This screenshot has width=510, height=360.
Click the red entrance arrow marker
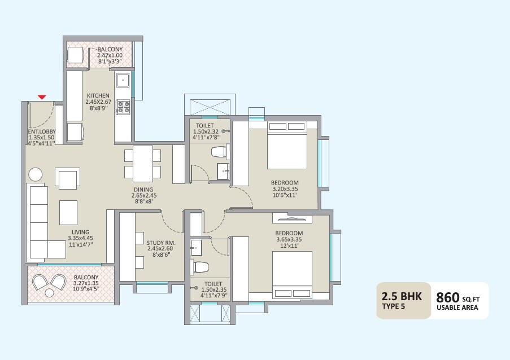coord(42,98)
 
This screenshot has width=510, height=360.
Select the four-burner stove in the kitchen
coord(123,107)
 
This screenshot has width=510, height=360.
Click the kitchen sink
coord(123,81)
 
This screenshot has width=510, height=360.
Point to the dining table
coord(143,163)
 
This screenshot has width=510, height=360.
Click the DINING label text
coord(143,190)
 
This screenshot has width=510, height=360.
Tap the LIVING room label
coord(80,231)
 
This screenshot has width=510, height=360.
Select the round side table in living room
coord(35,174)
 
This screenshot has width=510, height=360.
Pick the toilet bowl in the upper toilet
coord(217,151)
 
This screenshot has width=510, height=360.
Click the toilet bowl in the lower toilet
coord(200,266)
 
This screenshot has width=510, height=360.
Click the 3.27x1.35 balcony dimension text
coord(86,284)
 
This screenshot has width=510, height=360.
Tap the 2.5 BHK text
coord(402,296)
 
